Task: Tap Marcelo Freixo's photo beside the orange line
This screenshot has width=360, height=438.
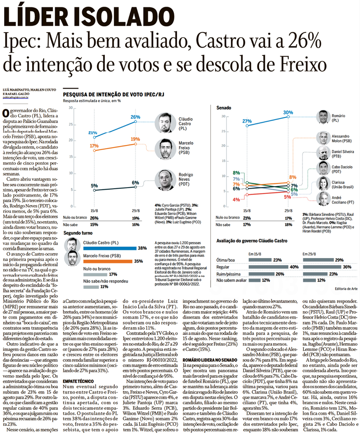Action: coord(164,150)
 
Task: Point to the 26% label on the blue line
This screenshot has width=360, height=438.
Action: coord(135,117)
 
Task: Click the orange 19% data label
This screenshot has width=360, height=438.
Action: coord(135,139)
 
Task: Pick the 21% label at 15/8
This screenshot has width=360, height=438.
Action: coord(93,133)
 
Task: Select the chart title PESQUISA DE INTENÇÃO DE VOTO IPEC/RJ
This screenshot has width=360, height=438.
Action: coord(114,95)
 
